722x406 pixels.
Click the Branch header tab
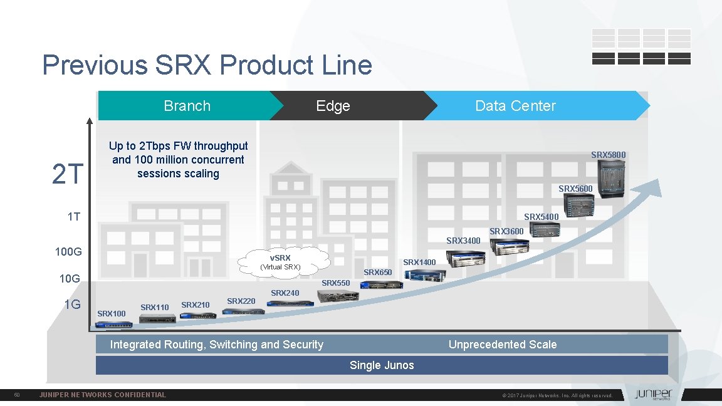pyautogui.click(x=187, y=106)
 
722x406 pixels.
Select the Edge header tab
pyautogui.click(x=333, y=106)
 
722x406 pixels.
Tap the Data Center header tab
pyautogui.click(x=515, y=106)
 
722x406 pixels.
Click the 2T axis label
pyautogui.click(x=67, y=175)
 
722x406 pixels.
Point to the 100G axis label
pyautogui.click(x=69, y=252)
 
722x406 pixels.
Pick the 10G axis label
pyautogui.click(x=70, y=279)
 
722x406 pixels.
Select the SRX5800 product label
pyautogui.click(x=608, y=155)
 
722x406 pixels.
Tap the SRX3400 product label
pyautogui.click(x=463, y=241)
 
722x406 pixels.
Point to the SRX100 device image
pyautogui.click(x=114, y=325)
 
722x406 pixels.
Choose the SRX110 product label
pyautogui.click(x=155, y=307)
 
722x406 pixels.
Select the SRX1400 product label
pyautogui.click(x=419, y=262)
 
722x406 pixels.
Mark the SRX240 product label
pyautogui.click(x=285, y=293)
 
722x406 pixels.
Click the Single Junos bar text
pyautogui.click(x=382, y=365)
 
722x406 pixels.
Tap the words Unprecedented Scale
pyautogui.click(x=503, y=344)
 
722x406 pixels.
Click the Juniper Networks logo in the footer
pyautogui.click(x=652, y=395)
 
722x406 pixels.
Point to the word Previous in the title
pyautogui.click(x=95, y=65)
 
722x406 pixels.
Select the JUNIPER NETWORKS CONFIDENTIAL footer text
pyautogui.click(x=103, y=395)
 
